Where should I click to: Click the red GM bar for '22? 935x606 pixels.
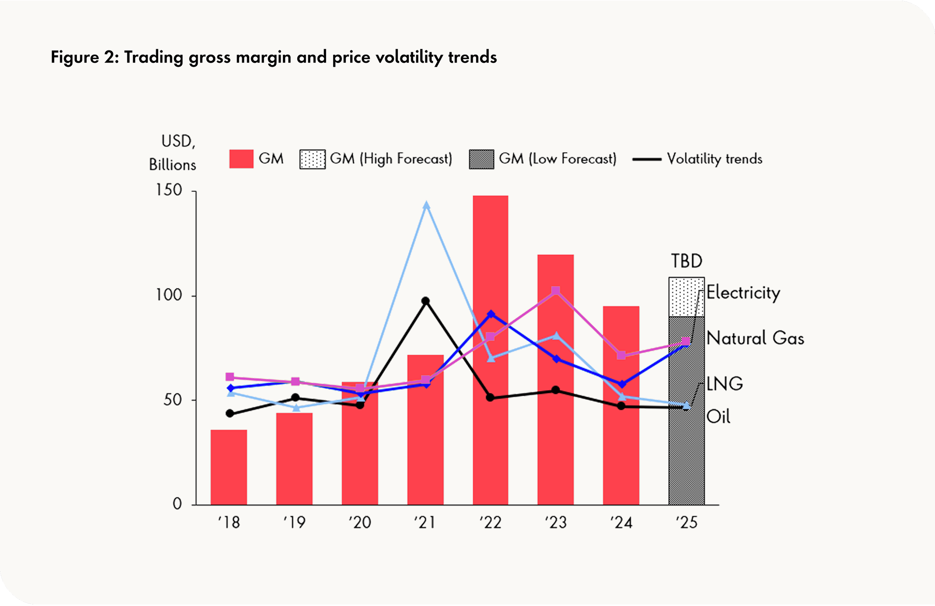pos(490,275)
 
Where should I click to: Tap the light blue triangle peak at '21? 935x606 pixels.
pos(426,205)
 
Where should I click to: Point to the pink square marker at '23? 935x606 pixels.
pos(555,291)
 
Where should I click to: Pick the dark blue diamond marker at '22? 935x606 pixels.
pos(491,314)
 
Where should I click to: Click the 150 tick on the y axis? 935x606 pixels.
pos(169,190)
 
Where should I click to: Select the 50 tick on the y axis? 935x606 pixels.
pos(173,400)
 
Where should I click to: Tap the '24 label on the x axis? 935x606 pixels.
pos(621,523)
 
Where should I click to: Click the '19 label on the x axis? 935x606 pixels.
pos(294,523)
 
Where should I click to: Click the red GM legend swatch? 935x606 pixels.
pos(241,159)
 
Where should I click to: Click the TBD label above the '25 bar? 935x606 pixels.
pos(686,261)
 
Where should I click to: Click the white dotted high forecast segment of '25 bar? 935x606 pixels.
pos(686,297)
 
